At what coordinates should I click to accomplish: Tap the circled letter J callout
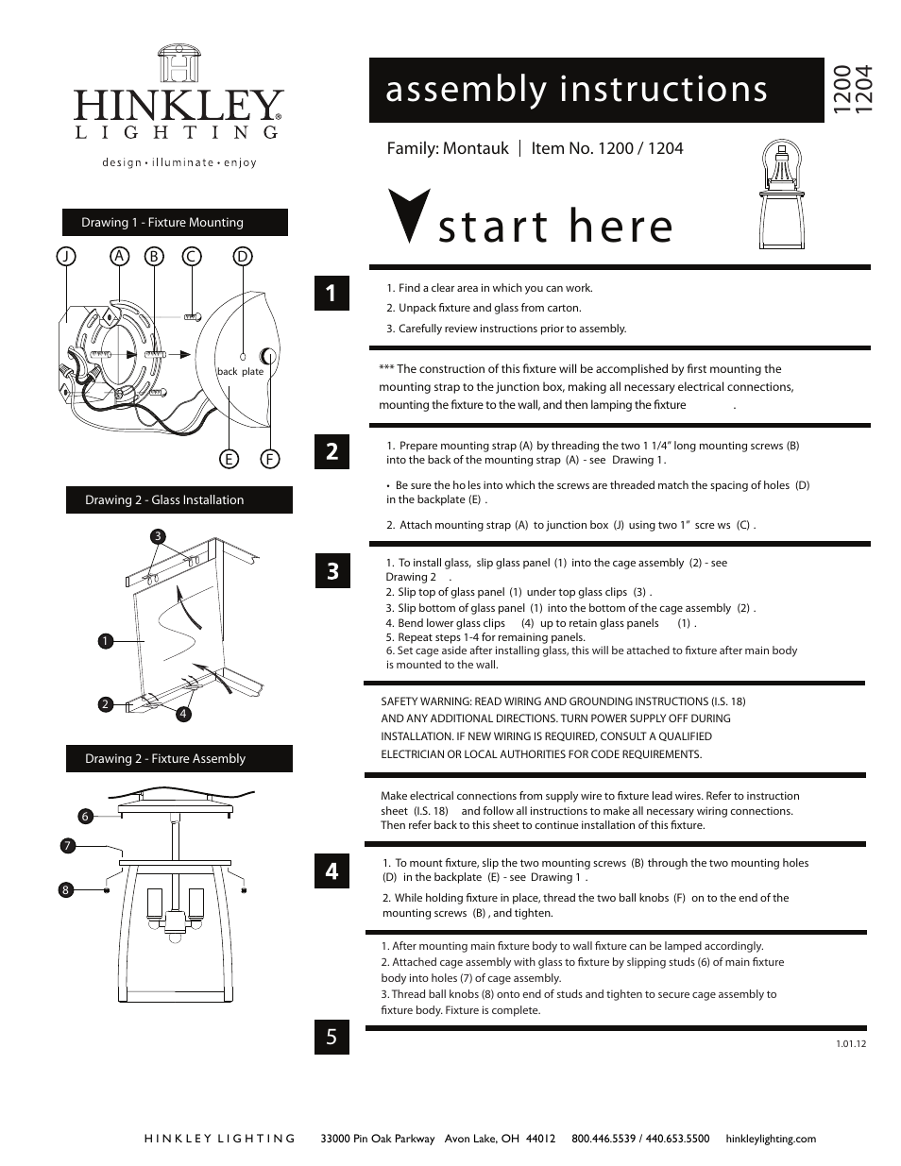coord(65,256)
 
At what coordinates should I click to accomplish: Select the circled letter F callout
coord(270,460)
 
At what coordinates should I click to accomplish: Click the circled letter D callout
coord(243,256)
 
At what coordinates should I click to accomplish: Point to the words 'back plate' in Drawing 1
coord(240,371)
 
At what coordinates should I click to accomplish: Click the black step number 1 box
coord(331,293)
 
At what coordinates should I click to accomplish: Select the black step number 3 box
coord(331,571)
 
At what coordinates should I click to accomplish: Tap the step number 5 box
coord(331,1037)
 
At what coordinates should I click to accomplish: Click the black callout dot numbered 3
coord(158,536)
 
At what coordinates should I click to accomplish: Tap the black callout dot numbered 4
coord(183,714)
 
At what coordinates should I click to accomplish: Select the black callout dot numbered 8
coord(65,888)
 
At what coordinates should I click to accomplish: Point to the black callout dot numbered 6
coord(84,816)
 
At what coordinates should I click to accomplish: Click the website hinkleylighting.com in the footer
coord(770,1139)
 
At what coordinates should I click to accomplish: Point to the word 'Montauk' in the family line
coord(476,148)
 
